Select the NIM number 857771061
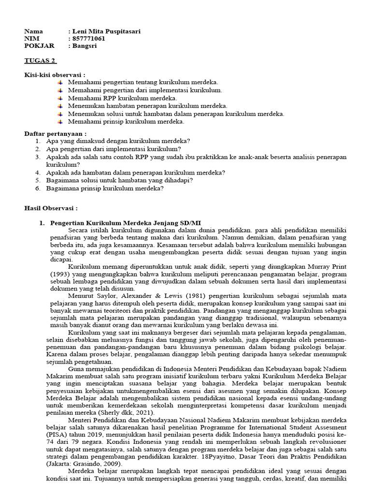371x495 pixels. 89,39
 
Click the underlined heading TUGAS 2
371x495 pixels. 40,60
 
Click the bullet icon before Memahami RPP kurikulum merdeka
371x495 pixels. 60,98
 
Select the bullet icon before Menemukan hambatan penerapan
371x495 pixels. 60,106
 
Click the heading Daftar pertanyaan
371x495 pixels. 56,133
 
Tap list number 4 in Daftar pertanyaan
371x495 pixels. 38,172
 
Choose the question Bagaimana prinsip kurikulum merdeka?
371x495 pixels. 105,188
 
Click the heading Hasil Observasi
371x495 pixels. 51,208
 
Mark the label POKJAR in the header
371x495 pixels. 40,46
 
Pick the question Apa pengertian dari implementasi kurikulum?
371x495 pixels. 114,148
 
